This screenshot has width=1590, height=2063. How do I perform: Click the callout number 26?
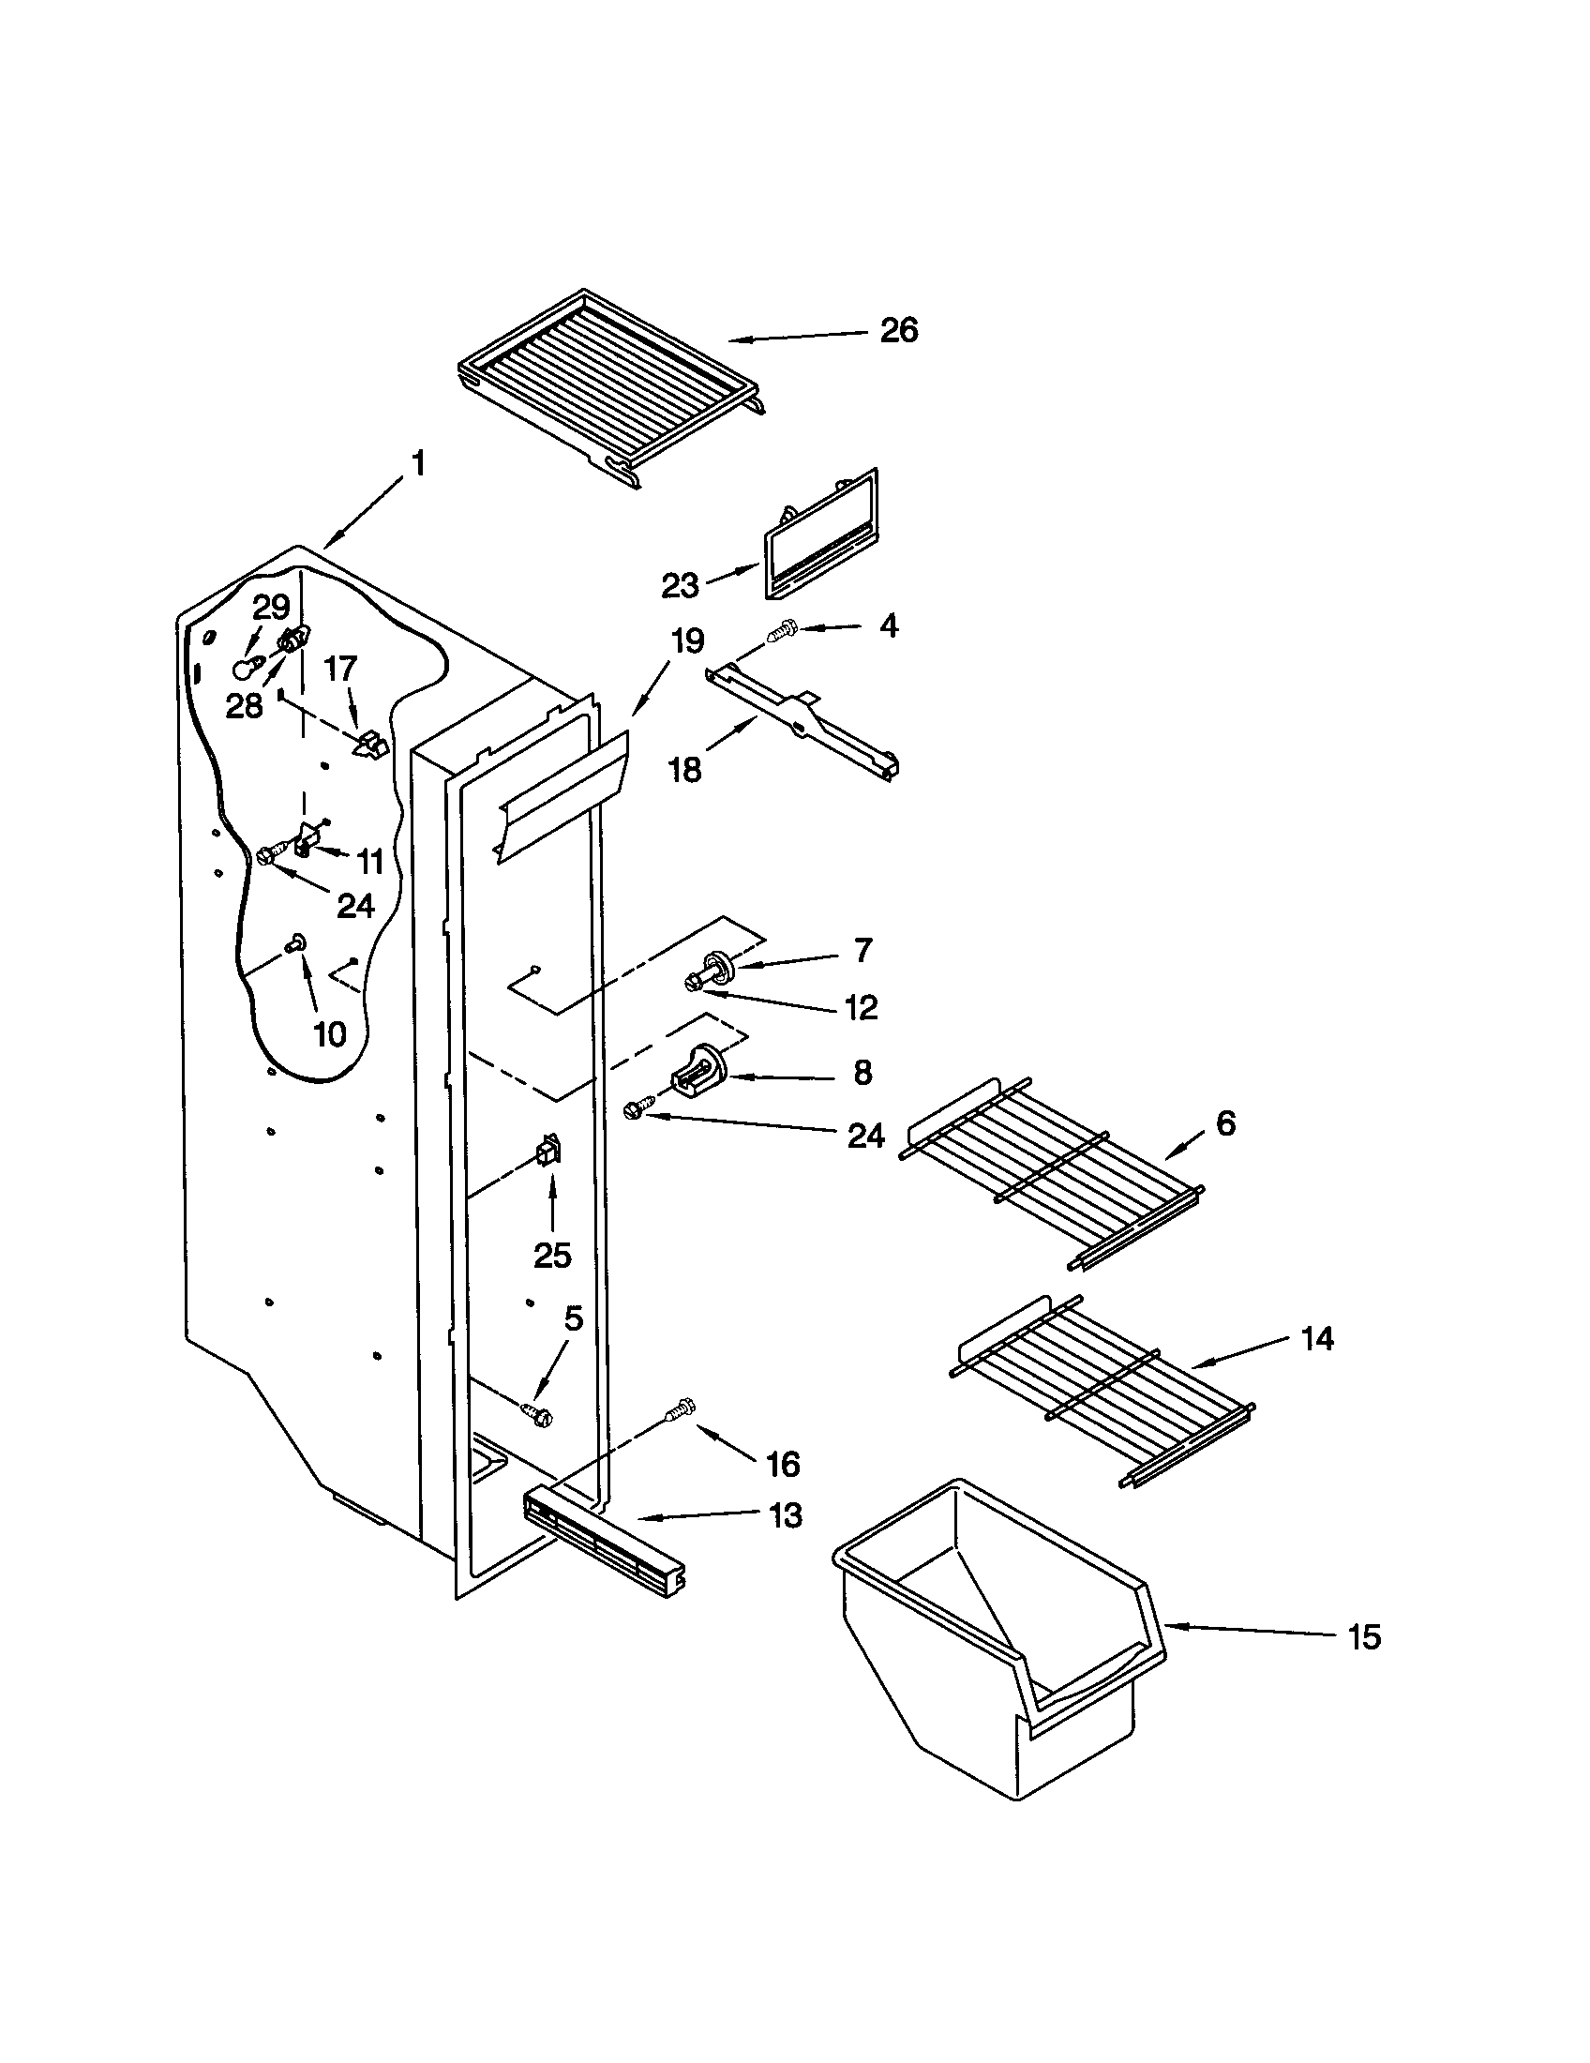[x=898, y=331]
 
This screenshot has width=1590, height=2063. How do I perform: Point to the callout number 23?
[x=680, y=586]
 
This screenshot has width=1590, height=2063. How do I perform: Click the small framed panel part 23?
[x=819, y=536]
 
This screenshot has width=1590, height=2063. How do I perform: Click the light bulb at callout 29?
[x=246, y=669]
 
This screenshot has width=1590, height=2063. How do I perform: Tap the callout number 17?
[x=340, y=668]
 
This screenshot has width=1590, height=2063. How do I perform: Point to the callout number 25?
[x=552, y=1256]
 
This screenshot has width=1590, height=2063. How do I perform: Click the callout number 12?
[x=861, y=1008]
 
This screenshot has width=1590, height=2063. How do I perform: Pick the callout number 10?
[x=329, y=1034]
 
